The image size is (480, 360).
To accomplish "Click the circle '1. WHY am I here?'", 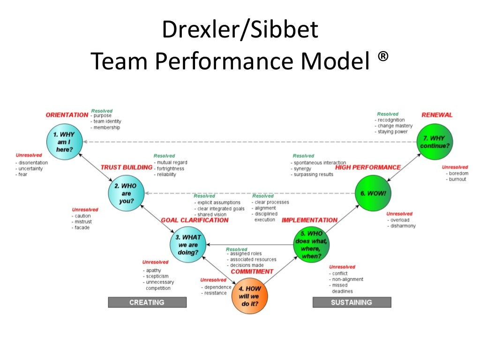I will (x=64, y=141).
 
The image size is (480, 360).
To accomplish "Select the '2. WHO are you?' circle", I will (x=126, y=194).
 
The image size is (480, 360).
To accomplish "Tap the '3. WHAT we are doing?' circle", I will (x=188, y=245).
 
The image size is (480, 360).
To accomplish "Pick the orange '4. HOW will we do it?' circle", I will (x=249, y=296).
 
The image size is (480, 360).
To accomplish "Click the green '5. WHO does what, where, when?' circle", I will (x=311, y=245).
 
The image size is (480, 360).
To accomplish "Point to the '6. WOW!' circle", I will (x=373, y=193).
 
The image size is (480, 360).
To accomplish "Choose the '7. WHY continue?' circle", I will (x=435, y=142).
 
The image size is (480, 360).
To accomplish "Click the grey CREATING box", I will (x=147, y=302).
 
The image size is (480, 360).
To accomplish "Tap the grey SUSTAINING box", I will (x=352, y=302).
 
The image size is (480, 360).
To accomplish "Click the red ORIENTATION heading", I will (x=67, y=115).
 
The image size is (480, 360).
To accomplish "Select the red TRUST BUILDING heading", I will (x=126, y=167).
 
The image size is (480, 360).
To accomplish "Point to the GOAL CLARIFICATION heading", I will (x=195, y=220).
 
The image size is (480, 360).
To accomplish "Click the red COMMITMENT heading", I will (x=252, y=271).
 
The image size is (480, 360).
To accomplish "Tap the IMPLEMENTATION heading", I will (x=309, y=220).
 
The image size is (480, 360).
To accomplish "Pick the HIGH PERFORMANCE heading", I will (x=368, y=167).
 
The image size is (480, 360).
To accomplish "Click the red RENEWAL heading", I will (x=437, y=115).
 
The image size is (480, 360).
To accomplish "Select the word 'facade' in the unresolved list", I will (x=82, y=228).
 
